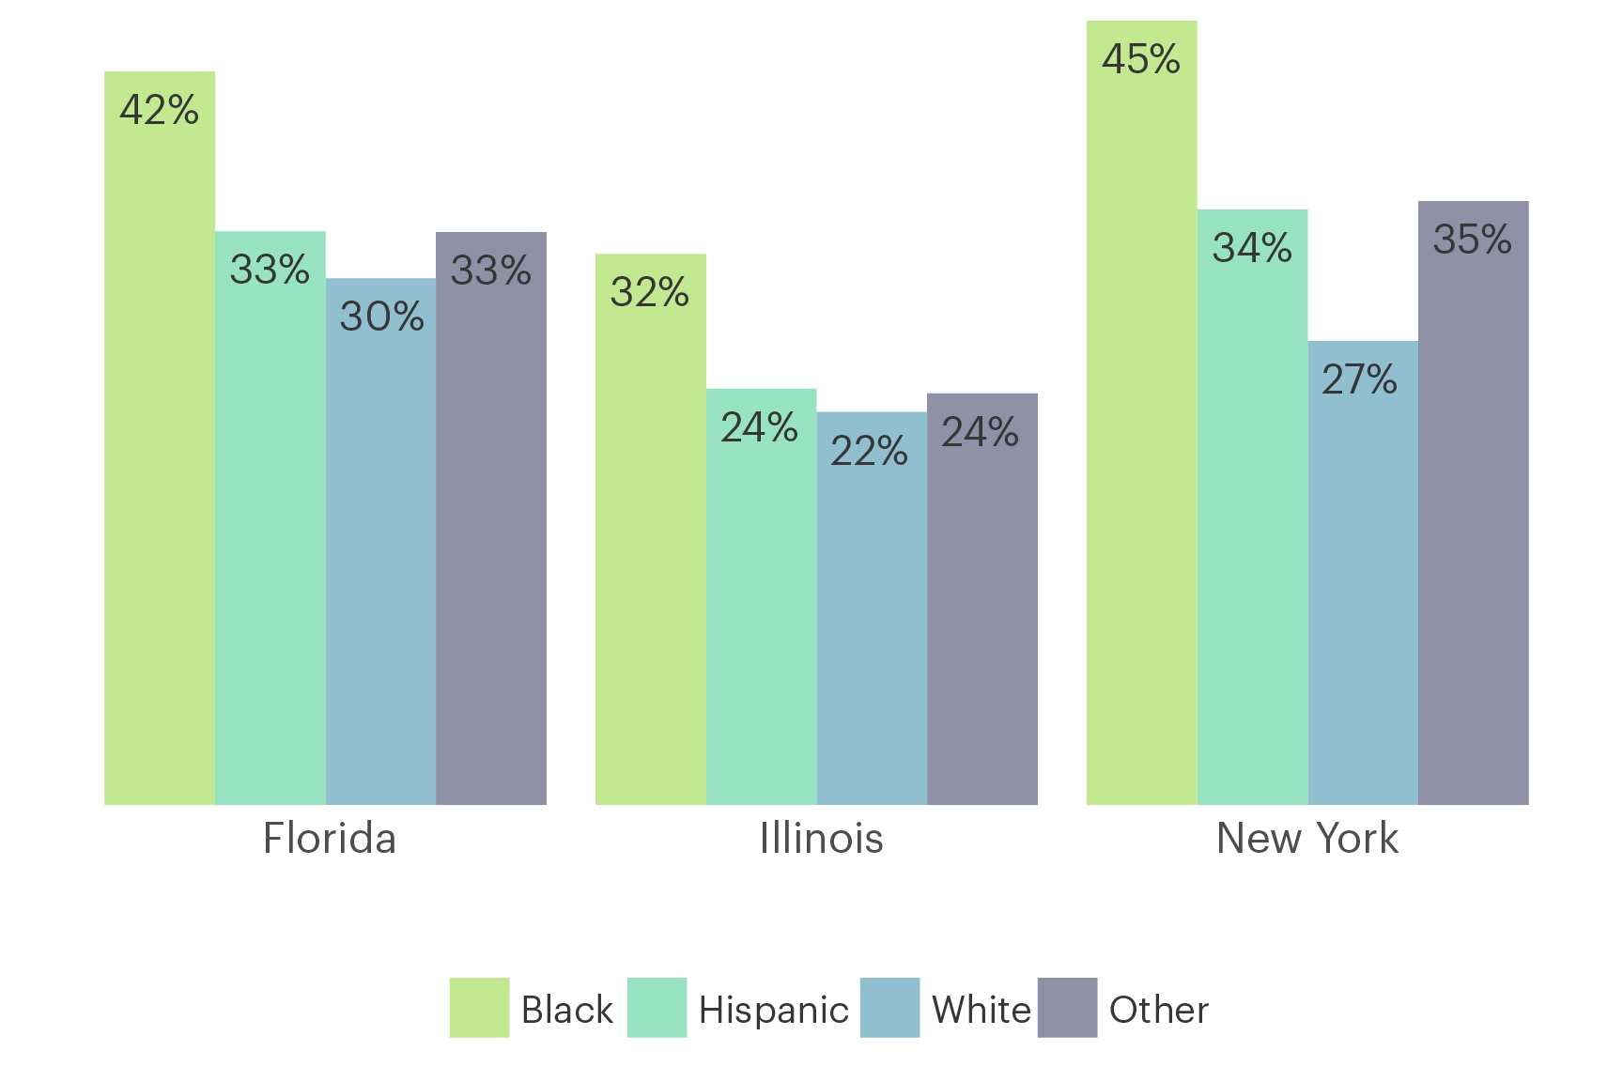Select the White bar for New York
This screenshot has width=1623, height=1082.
1363,573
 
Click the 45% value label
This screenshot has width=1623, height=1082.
1141,59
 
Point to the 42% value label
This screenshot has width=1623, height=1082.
160,110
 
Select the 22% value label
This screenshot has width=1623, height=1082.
870,451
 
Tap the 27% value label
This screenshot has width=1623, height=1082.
1360,379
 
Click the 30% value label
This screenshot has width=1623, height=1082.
382,317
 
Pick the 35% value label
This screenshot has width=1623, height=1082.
1473,240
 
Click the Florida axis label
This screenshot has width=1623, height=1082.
330,838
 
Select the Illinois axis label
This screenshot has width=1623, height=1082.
821,838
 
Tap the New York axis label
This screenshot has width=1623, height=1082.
1307,838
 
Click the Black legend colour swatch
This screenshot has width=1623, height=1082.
479,1008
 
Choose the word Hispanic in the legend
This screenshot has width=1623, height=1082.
774,1010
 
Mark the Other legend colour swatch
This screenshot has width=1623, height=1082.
1067,1008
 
